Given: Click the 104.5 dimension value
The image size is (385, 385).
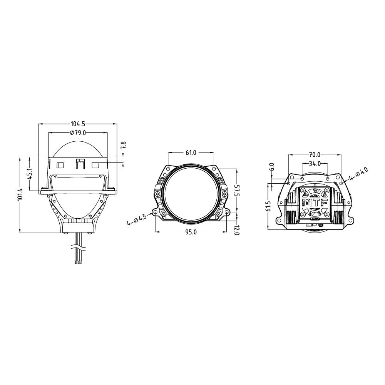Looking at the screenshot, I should (x=78, y=124).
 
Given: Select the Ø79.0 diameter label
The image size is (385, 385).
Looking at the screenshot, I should (x=77, y=133).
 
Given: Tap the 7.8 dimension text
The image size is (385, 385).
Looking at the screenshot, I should (x=123, y=146).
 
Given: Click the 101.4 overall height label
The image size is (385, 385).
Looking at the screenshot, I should (x=20, y=194).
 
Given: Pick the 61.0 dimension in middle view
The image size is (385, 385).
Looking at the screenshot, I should (x=191, y=153).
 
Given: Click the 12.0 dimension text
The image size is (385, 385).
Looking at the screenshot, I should (x=237, y=230).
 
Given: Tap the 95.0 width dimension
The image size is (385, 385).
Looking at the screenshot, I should (x=191, y=232).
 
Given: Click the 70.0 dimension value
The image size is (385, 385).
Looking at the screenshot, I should (x=314, y=155).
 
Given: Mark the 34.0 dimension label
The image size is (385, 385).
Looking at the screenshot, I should (x=315, y=163).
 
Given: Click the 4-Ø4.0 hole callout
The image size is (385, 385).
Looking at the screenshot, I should (x=359, y=174).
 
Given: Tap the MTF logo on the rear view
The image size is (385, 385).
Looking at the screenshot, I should (x=315, y=203).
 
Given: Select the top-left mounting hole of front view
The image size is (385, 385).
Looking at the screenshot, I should (x=169, y=169).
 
